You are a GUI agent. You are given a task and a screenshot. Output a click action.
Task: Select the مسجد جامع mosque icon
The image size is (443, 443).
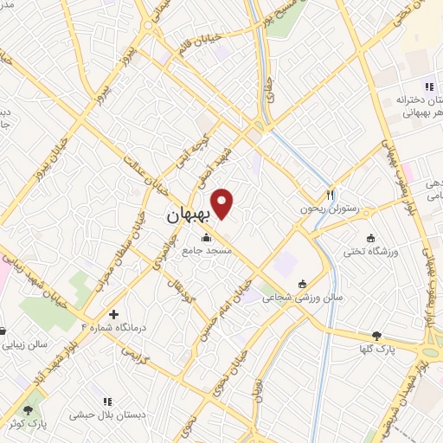[206, 238]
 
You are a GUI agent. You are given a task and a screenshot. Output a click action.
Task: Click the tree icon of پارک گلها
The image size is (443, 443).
[376, 335]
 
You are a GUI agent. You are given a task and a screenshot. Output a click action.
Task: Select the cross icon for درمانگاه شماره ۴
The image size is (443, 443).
[113, 313]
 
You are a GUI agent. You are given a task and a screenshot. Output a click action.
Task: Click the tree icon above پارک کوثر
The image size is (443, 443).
[31, 409]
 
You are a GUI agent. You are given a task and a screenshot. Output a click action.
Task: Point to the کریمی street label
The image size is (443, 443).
[135, 356]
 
